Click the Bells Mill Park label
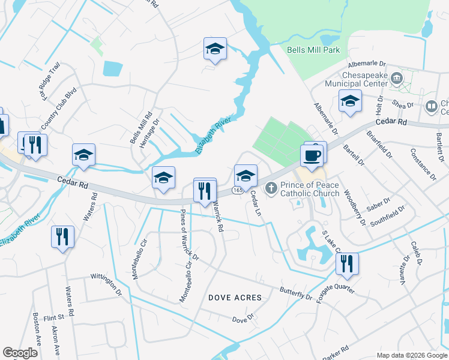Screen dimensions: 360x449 [x=313, y=50]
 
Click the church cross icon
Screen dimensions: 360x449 [x=271, y=188]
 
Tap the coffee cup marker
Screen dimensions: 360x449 [x=312, y=156]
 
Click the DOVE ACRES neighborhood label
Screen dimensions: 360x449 [x=235, y=298]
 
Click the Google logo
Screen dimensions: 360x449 [x=20, y=353]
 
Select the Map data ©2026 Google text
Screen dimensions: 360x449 [x=411, y=355]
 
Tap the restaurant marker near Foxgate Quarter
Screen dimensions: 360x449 [x=347, y=263]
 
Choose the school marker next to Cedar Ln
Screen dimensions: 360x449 [x=245, y=176]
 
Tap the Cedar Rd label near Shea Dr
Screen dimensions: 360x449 [x=393, y=122]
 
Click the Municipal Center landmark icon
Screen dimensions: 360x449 [x=396, y=78]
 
